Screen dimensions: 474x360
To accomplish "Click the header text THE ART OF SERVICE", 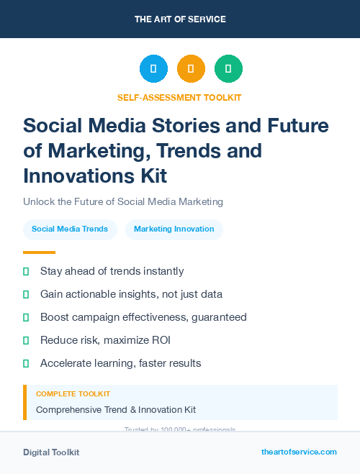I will coord(180,19).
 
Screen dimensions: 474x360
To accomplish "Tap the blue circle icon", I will coord(153,69).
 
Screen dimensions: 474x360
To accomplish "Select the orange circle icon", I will coord(191,69).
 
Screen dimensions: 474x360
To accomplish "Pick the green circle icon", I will coord(228,69).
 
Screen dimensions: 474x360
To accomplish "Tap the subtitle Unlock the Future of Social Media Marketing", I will coord(123,201).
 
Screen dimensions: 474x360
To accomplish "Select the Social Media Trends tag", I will coord(70,229).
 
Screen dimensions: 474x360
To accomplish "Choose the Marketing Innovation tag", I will coord(174,229).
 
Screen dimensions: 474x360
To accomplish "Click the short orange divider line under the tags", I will coord(39,252).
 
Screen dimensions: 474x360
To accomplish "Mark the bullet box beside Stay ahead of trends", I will coord(26,271).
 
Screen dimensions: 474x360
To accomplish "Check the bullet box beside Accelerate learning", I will coord(26,363).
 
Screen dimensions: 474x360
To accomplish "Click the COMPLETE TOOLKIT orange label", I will coord(73,394).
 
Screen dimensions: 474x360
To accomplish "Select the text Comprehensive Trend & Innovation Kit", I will coord(116,409).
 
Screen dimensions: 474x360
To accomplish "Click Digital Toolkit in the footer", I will coord(51,452).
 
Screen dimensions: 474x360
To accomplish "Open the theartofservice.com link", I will coord(299,452).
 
